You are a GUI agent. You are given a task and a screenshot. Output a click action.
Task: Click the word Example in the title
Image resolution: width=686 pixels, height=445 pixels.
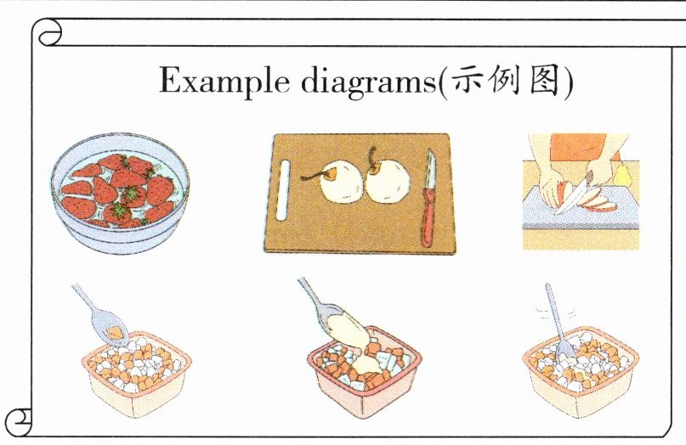coord(224,81)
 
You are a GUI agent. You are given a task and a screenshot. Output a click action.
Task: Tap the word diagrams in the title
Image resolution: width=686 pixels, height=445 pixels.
coord(369,82)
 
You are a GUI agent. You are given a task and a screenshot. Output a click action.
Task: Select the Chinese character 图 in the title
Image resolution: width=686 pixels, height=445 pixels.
coord(544,80)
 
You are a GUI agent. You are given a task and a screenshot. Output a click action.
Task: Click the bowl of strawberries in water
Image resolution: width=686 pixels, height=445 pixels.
coord(121,192)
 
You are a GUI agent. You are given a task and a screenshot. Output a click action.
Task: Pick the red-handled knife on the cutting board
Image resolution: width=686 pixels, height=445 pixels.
coord(428,199)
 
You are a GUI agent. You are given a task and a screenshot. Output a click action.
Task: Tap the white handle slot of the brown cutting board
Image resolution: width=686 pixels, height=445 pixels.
coord(284,190)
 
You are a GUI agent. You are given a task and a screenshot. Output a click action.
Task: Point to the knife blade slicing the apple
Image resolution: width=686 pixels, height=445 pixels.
coord(574,198)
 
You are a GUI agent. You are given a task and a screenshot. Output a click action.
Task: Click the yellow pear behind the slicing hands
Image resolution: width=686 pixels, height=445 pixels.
coord(621,175)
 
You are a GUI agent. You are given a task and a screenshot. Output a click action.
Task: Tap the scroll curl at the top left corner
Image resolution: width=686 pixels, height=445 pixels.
coord(49,33)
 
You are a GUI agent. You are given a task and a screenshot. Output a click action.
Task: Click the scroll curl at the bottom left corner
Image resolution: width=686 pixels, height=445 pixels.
coord(20,421)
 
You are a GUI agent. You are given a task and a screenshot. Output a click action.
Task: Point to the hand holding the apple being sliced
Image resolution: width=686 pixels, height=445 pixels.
coord(553,189)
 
